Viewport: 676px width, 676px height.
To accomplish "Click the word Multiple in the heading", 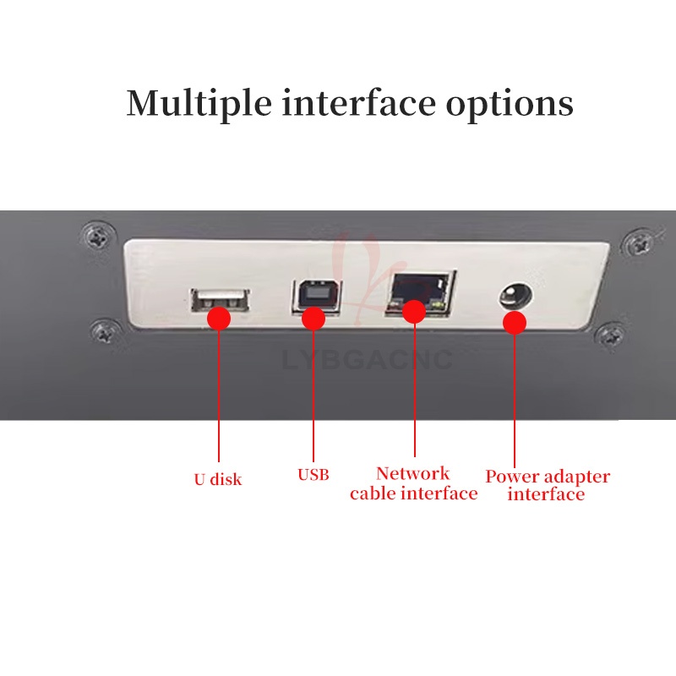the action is pyautogui.click(x=199, y=104).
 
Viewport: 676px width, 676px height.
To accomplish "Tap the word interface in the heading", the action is pyautogui.click(x=358, y=102).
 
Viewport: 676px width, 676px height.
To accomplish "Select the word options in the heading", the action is pyautogui.click(x=510, y=106).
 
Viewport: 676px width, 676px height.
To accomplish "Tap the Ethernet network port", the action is pyautogui.click(x=420, y=293).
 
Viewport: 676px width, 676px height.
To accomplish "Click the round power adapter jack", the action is pyautogui.click(x=516, y=297).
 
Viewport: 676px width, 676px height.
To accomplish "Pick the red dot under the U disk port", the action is pyautogui.click(x=219, y=319).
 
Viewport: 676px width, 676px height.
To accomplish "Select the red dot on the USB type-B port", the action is pyautogui.click(x=313, y=319).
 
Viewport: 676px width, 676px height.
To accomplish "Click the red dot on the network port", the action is pyautogui.click(x=414, y=311).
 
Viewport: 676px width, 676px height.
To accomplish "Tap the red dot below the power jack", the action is pyautogui.click(x=515, y=323).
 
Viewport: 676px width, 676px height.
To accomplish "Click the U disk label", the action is pyautogui.click(x=218, y=479).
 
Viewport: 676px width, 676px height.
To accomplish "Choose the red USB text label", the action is pyautogui.click(x=313, y=475).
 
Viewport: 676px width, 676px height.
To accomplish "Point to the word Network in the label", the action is pyautogui.click(x=412, y=473).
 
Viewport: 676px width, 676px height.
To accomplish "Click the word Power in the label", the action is pyautogui.click(x=512, y=477).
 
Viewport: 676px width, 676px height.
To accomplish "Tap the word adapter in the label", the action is pyautogui.click(x=577, y=477).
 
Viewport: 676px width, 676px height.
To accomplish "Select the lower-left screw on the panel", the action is pyautogui.click(x=106, y=331).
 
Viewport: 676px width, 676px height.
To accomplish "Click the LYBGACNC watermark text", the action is pyautogui.click(x=368, y=360).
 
